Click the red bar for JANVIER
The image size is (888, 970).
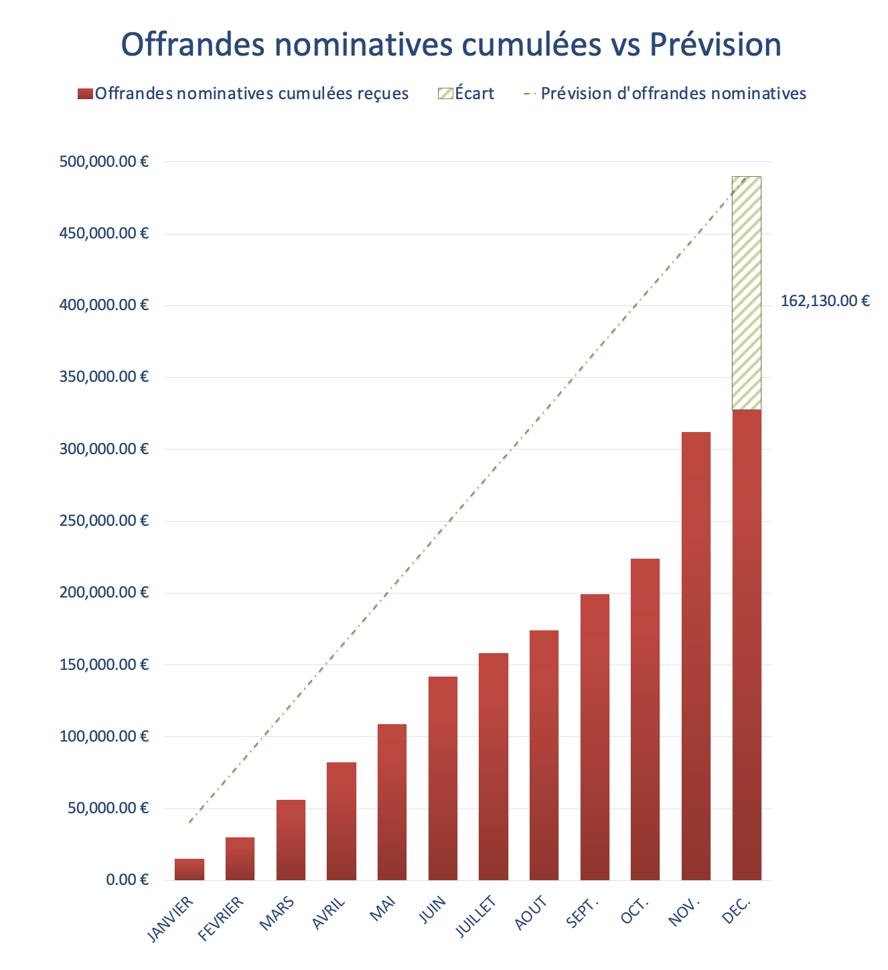point(189,869)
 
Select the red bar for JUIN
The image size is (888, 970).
point(443,777)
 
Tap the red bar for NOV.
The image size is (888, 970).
point(696,656)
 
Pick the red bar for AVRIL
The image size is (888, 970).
point(342,821)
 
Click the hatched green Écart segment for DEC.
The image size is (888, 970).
point(746,293)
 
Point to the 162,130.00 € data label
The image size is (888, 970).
point(825,301)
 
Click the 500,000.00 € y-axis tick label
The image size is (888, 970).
point(104,161)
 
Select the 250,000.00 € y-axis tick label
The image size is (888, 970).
point(104,521)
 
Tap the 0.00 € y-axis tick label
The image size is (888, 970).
point(127,880)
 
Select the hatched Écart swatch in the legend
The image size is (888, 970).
point(445,94)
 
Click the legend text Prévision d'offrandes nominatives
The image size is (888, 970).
point(673,93)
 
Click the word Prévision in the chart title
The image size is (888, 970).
point(715,45)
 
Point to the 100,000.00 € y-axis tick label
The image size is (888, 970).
point(104,736)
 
